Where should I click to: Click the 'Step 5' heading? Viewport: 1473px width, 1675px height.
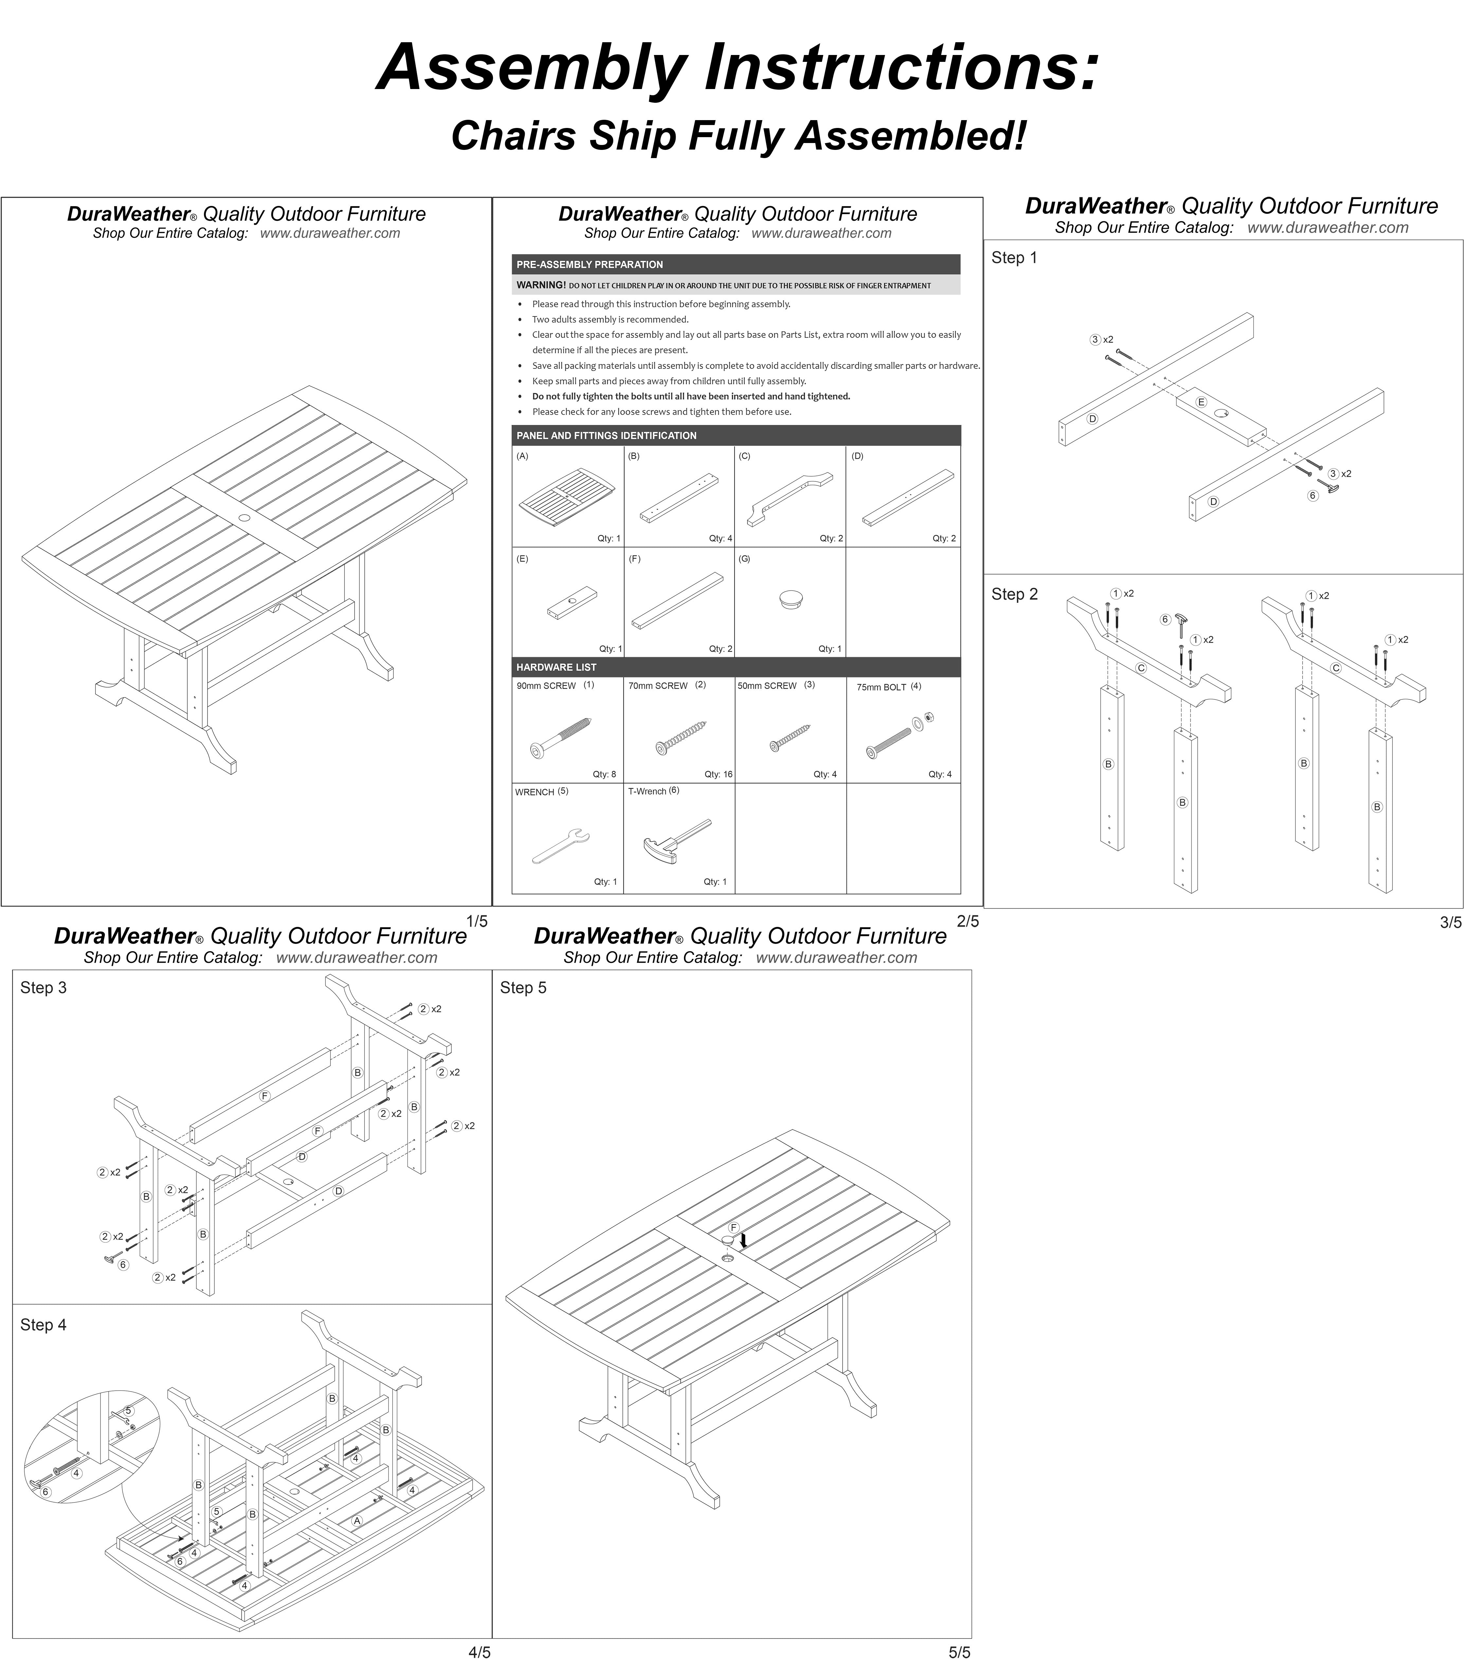[x=523, y=987]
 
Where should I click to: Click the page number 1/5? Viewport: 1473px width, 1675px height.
[x=476, y=921]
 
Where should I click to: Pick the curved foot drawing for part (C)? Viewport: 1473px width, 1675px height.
[x=789, y=497]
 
